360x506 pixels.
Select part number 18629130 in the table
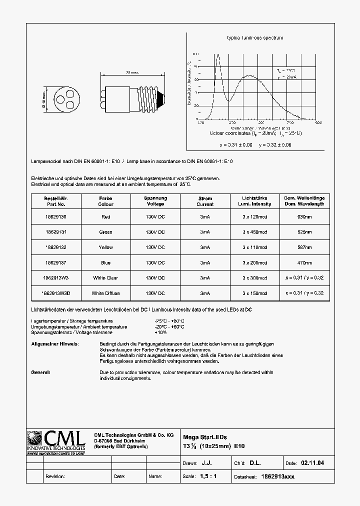[55, 217]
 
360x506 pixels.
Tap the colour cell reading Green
[105, 232]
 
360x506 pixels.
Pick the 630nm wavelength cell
[304, 217]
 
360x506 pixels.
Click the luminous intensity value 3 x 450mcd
[255, 232]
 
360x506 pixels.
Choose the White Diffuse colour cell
[105, 293]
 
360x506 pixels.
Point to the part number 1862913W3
[55, 278]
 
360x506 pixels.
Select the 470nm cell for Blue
[304, 262]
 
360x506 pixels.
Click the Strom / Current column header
[205, 201]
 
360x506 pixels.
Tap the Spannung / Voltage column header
[155, 201]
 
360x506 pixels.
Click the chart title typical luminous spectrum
[255, 38]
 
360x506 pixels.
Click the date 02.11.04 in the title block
[312, 463]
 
